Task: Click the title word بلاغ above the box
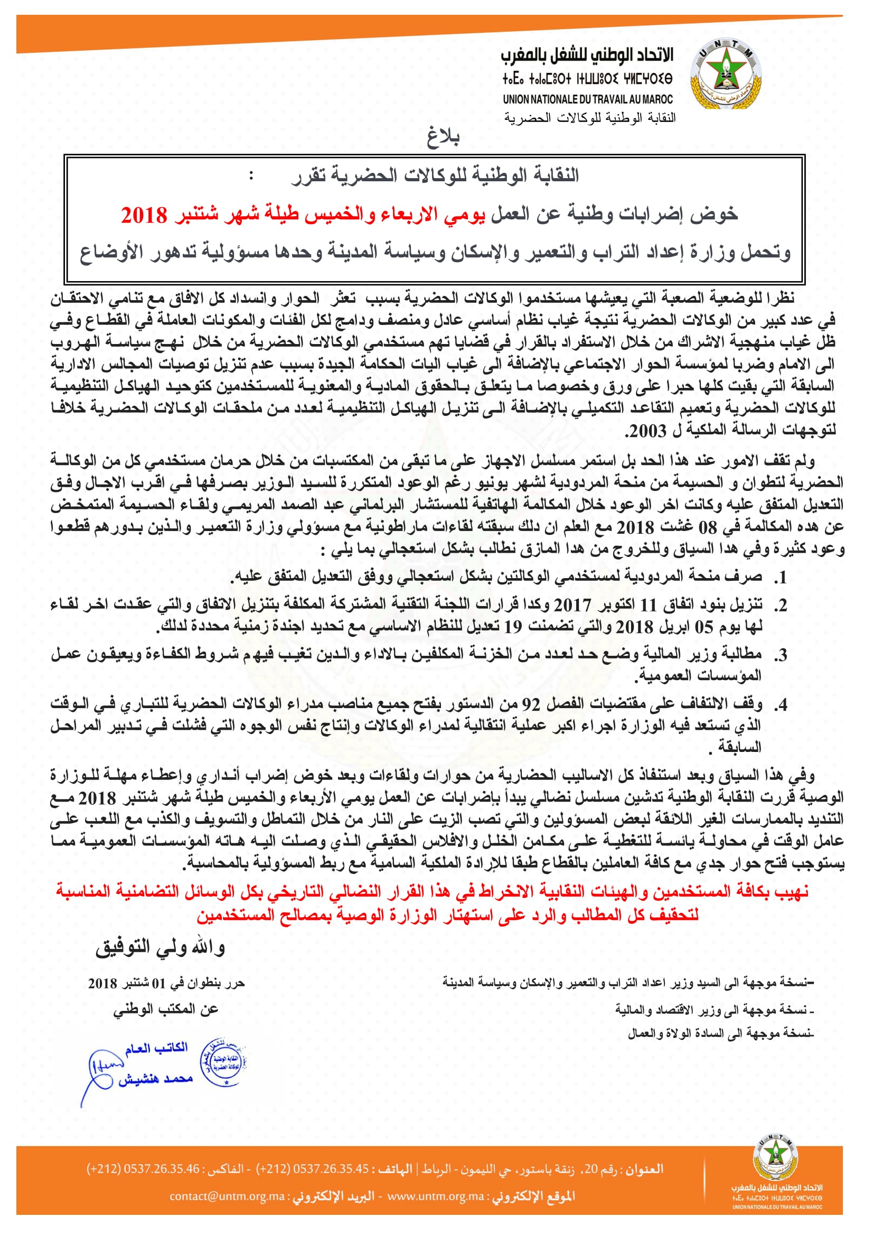click(443, 138)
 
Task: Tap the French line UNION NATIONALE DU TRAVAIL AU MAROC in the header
click(588, 99)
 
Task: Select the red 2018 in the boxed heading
click(144, 215)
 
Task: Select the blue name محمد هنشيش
click(156, 1079)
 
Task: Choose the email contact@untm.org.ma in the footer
click(227, 1196)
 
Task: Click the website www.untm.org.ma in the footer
click(436, 1196)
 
